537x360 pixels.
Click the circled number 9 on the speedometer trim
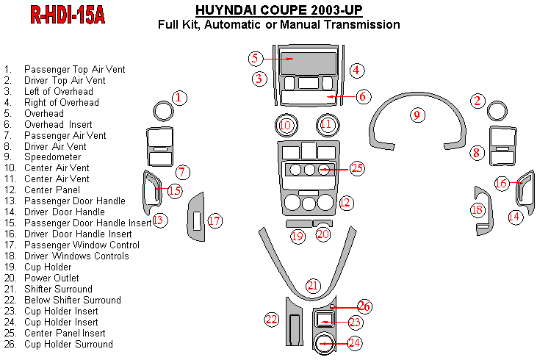point(417,115)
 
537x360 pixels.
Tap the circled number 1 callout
point(180,97)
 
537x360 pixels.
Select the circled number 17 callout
point(215,220)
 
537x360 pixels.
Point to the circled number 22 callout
point(273,319)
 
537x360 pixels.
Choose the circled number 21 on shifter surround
point(314,286)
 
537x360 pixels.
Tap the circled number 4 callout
point(356,71)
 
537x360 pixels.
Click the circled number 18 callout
point(477,211)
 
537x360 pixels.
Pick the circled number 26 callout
point(364,306)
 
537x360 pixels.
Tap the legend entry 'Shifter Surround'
point(58,289)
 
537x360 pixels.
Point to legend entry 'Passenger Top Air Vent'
point(74,69)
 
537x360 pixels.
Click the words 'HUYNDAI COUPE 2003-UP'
point(278,10)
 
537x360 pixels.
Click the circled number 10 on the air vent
point(286,126)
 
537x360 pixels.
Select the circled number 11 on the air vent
point(327,126)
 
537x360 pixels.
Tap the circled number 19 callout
point(298,237)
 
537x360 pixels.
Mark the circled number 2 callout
point(478,101)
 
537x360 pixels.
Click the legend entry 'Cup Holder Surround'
point(68,344)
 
